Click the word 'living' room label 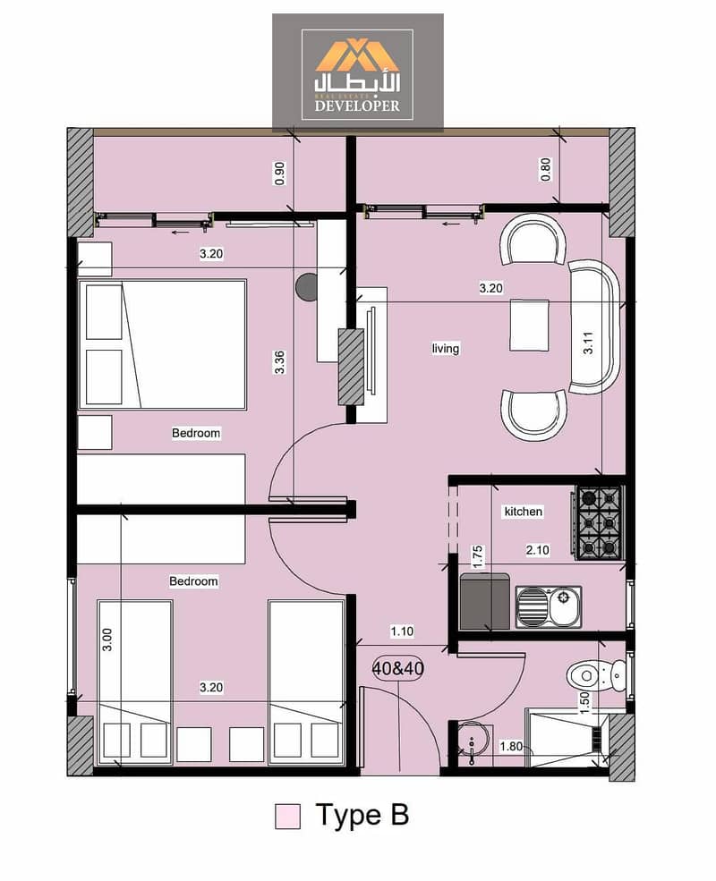[x=446, y=348]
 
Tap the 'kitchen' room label [x=524, y=512]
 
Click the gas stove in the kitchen [x=599, y=523]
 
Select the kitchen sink [x=549, y=606]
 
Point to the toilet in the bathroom [x=597, y=674]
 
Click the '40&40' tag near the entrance [x=398, y=668]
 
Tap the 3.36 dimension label [x=279, y=362]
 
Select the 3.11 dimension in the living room [x=588, y=343]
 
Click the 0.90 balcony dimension [x=280, y=174]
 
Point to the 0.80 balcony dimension [x=545, y=169]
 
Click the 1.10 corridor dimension [x=402, y=631]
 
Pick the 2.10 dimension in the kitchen [x=538, y=550]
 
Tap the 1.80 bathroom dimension [x=511, y=746]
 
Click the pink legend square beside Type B [x=288, y=816]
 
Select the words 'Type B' [x=362, y=815]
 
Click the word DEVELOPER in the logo [x=357, y=106]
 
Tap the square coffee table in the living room [x=530, y=326]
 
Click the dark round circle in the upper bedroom [x=307, y=286]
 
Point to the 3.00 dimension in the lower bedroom [x=107, y=640]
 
